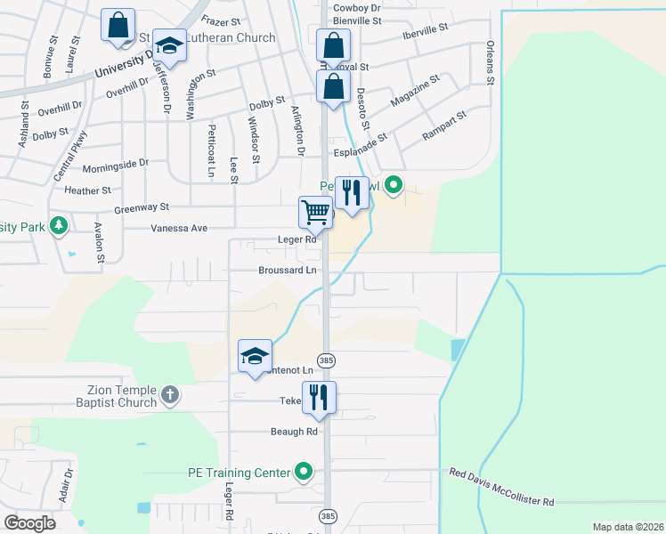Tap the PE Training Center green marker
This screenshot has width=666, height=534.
[305, 472]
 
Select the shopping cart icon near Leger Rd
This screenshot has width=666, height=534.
[316, 213]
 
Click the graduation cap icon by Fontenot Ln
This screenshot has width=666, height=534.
[255, 356]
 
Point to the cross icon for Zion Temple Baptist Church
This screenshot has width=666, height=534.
[170, 392]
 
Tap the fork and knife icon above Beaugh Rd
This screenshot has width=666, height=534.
[318, 396]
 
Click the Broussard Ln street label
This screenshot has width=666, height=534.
[288, 270]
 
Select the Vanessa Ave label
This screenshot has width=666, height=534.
[179, 229]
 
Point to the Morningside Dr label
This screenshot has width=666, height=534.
[115, 166]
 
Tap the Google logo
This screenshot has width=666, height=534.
[30, 522]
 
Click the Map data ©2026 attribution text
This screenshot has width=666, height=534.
[627, 526]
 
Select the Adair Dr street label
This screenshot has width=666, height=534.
[65, 486]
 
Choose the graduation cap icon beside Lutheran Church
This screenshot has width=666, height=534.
[168, 45]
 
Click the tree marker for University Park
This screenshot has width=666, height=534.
[59, 226]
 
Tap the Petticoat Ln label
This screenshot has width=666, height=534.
[212, 150]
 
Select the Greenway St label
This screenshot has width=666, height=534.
[142, 207]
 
